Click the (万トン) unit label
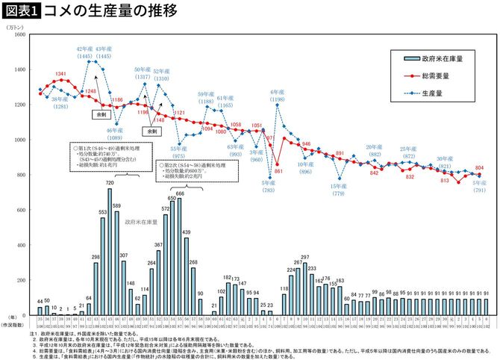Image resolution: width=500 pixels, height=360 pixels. (x=16, y=26)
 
